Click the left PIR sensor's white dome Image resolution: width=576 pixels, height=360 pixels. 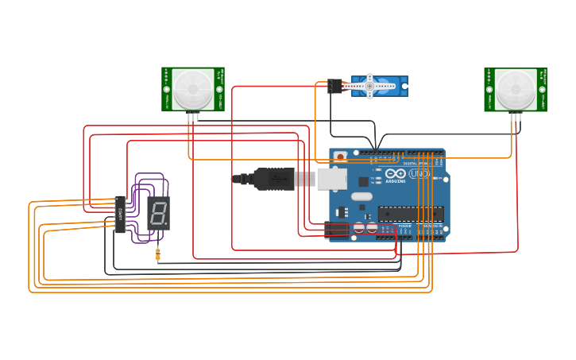coord(192,89)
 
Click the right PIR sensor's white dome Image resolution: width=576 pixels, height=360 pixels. coord(515,89)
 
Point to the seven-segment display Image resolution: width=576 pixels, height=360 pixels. coord(158,213)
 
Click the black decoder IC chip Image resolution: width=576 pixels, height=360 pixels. coord(120,215)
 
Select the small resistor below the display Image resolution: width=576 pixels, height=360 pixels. coord(157,254)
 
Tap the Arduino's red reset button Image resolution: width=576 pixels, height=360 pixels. coord(340,157)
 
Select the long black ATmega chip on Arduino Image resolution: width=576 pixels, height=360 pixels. coord(410,213)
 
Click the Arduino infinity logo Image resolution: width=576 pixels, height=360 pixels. coord(379,172)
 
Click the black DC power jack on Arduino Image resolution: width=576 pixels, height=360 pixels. coord(337,230)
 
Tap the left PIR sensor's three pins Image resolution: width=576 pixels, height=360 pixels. coord(192,118)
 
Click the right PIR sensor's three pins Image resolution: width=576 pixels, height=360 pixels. coord(515,118)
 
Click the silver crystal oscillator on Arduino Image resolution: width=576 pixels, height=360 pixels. coord(361,196)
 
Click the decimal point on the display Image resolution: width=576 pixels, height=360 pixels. coord(165,223)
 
